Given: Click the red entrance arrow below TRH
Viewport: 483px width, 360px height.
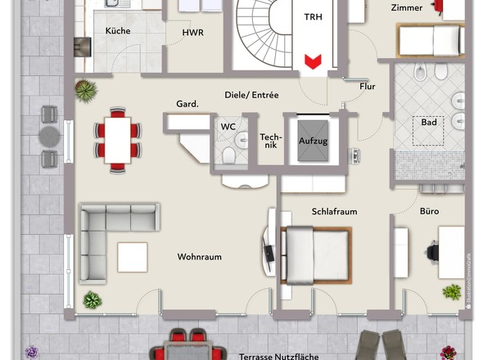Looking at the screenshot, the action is point(313,61).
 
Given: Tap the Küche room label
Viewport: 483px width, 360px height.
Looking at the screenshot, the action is point(118,31).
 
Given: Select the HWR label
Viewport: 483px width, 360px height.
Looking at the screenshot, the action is point(193,33).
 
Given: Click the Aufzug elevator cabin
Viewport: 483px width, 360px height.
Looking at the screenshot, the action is point(313,141).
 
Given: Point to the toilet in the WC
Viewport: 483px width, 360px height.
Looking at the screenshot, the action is point(228,155).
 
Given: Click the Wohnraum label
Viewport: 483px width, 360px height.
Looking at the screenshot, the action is point(199,257).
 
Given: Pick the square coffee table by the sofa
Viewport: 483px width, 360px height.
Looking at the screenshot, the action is point(133,257).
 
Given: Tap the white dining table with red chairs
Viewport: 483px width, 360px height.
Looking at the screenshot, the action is point(118,140).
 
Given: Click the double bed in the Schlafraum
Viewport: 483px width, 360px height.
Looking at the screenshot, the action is point(316,255).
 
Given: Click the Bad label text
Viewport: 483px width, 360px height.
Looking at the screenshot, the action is point(429,122).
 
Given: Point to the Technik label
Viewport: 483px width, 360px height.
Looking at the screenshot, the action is point(271,141).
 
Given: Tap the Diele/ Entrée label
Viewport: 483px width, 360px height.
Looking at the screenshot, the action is point(251,95).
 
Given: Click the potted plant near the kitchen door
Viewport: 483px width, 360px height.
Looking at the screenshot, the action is point(86,91).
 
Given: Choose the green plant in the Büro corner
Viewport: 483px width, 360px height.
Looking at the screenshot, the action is point(452,292).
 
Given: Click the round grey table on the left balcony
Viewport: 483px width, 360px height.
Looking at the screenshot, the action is point(49,137).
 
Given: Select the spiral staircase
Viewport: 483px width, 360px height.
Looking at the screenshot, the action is point(264,33).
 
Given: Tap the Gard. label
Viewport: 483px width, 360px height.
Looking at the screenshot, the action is point(187,104).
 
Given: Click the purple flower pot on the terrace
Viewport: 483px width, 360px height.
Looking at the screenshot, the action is point(32,352).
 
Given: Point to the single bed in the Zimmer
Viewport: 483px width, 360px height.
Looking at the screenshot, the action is point(431,40).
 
